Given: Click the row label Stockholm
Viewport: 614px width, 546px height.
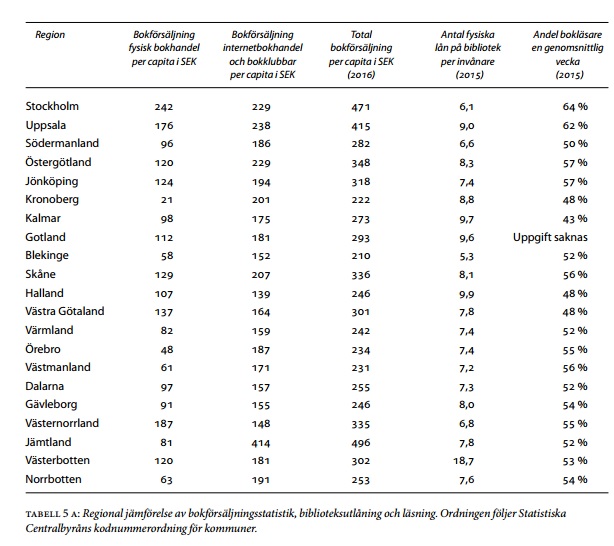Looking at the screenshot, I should click(50, 106).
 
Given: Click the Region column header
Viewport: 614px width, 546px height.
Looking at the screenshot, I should click(50, 34).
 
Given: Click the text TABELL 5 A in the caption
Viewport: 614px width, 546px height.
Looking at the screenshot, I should click(53, 514).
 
